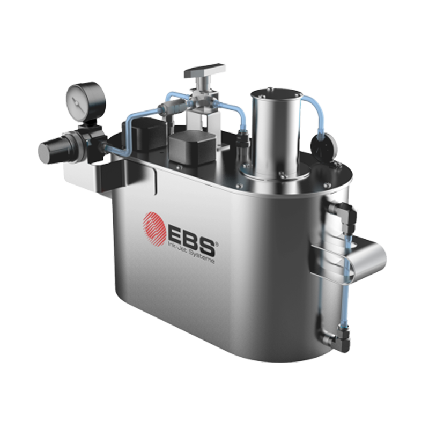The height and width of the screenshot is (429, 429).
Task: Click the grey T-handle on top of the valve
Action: click(205, 71)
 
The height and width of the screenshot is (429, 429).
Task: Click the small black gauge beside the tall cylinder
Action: click(324, 146)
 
